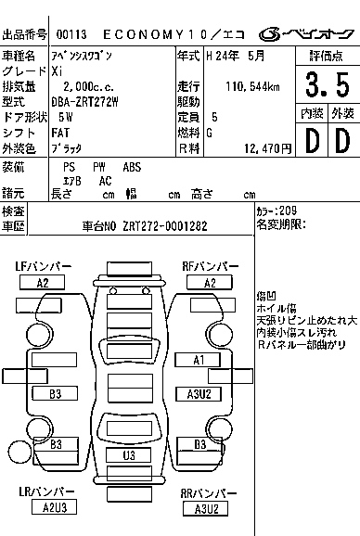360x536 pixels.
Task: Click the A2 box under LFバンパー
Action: (x=43, y=283)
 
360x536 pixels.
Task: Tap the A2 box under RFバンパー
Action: (x=210, y=283)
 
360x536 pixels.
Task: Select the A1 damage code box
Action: (x=198, y=360)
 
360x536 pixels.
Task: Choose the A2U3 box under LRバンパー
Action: (x=56, y=506)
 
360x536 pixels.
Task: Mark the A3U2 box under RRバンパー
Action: (x=206, y=508)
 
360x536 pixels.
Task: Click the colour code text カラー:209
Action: (x=276, y=211)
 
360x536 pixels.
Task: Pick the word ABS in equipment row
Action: (x=133, y=167)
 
